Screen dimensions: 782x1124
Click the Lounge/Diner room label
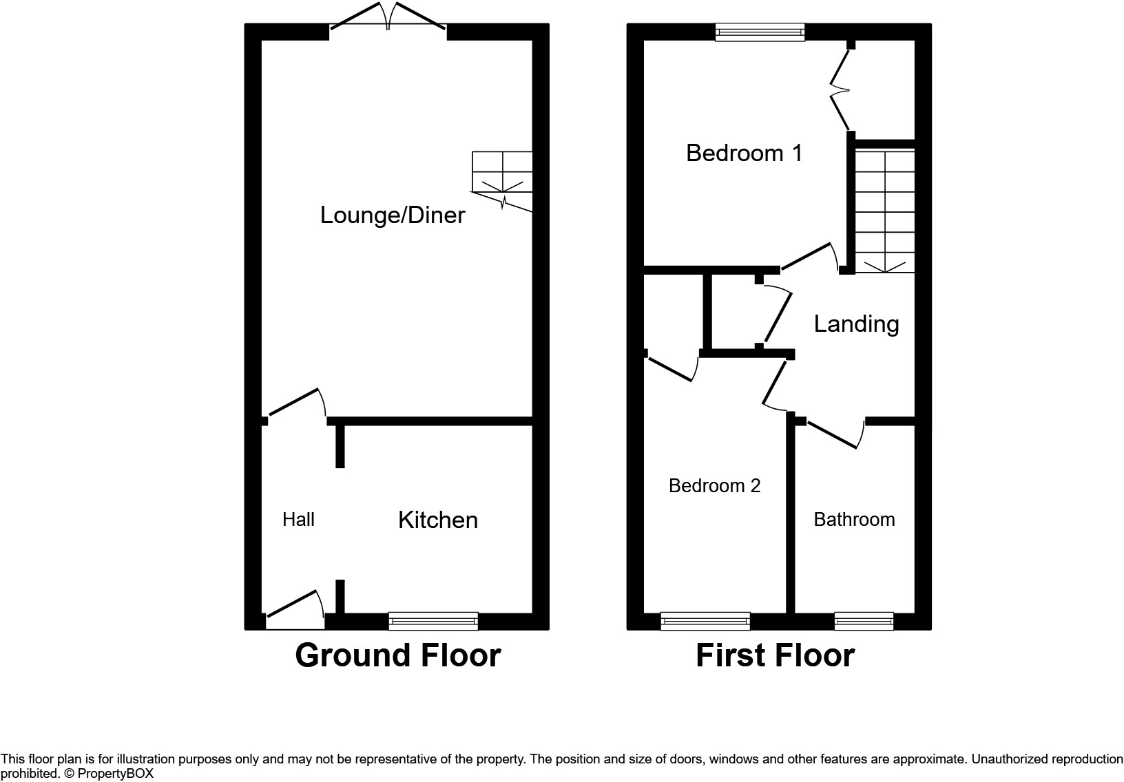393,215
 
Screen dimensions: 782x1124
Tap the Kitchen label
438,520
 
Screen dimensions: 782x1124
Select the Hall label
298,519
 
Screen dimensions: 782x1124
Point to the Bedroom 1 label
744,153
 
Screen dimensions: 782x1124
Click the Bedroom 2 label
714,486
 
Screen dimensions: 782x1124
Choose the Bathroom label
854,519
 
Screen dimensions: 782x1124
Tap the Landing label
856,324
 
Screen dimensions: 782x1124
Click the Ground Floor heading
397,655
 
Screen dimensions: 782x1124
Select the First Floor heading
775,655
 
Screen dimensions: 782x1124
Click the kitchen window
433,621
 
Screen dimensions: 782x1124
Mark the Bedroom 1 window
760,32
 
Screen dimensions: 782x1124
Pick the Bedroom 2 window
705,621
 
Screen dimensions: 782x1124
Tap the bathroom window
864,621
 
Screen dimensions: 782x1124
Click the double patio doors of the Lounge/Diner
388,17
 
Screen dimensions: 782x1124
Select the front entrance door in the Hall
295,609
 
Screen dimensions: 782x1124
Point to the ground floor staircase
502,176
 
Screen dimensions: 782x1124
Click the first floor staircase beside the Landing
884,210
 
